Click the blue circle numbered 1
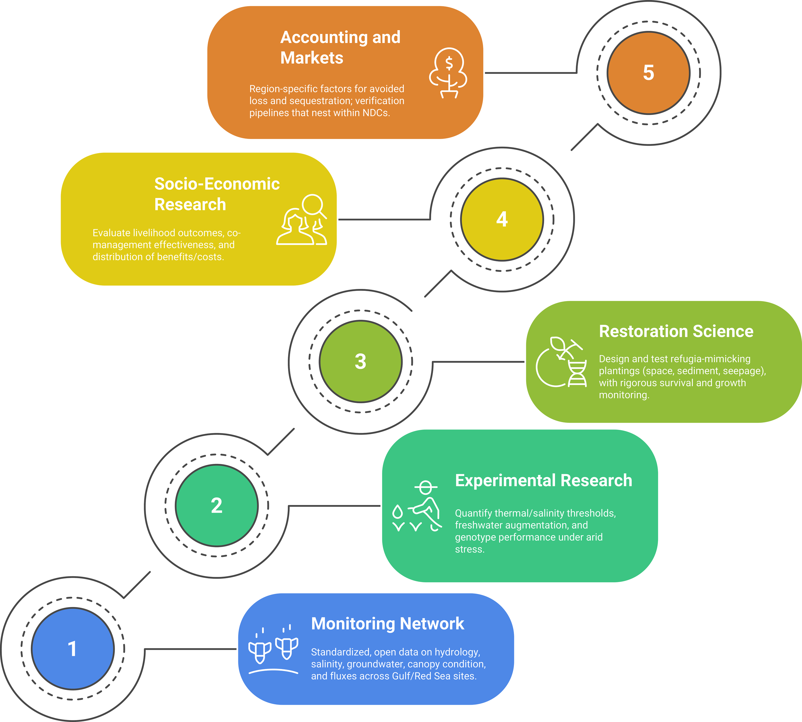[x=73, y=648]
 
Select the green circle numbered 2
[x=217, y=505]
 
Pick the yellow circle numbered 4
[x=502, y=219]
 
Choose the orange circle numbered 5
[x=649, y=73]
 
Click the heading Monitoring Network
[x=387, y=624]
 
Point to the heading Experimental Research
[x=543, y=480]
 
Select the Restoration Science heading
[x=676, y=331]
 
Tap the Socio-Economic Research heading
[x=217, y=194]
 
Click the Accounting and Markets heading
[x=340, y=47]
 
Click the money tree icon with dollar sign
[x=448, y=73]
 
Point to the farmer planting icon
[x=417, y=506]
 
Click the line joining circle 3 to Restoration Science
[x=478, y=362]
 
